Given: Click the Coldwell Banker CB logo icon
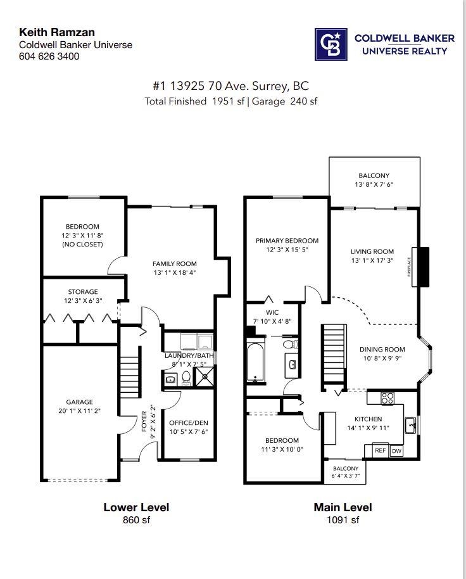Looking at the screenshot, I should tap(331, 44).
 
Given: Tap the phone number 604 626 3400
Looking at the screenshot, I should tap(49, 56).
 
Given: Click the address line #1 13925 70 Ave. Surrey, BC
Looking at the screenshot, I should tap(230, 86).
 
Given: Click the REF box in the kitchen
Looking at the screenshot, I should tap(380, 450).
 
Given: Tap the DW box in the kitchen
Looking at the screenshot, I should tap(396, 450).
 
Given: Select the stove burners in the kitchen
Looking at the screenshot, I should tap(387, 398).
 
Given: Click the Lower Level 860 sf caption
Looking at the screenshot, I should tap(136, 513).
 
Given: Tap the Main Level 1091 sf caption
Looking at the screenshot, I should tap(343, 513).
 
